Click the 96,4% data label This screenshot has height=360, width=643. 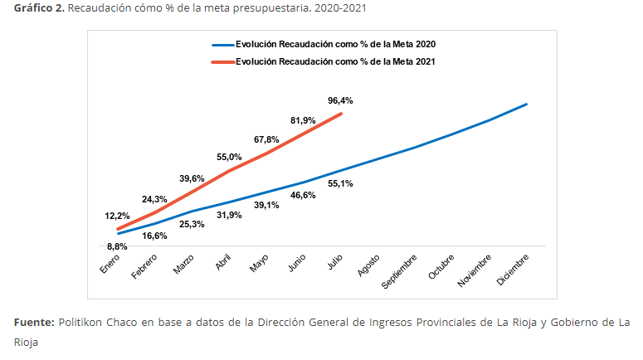(340, 100)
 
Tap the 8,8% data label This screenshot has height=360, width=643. (117, 246)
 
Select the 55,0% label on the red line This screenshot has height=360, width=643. (229, 157)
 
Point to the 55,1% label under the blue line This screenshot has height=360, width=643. (340, 183)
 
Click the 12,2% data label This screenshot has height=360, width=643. (117, 216)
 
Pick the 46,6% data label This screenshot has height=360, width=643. (303, 195)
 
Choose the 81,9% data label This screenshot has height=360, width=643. (303, 120)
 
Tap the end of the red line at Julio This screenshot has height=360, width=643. (341, 114)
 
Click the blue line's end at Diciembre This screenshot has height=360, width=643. (527, 104)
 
